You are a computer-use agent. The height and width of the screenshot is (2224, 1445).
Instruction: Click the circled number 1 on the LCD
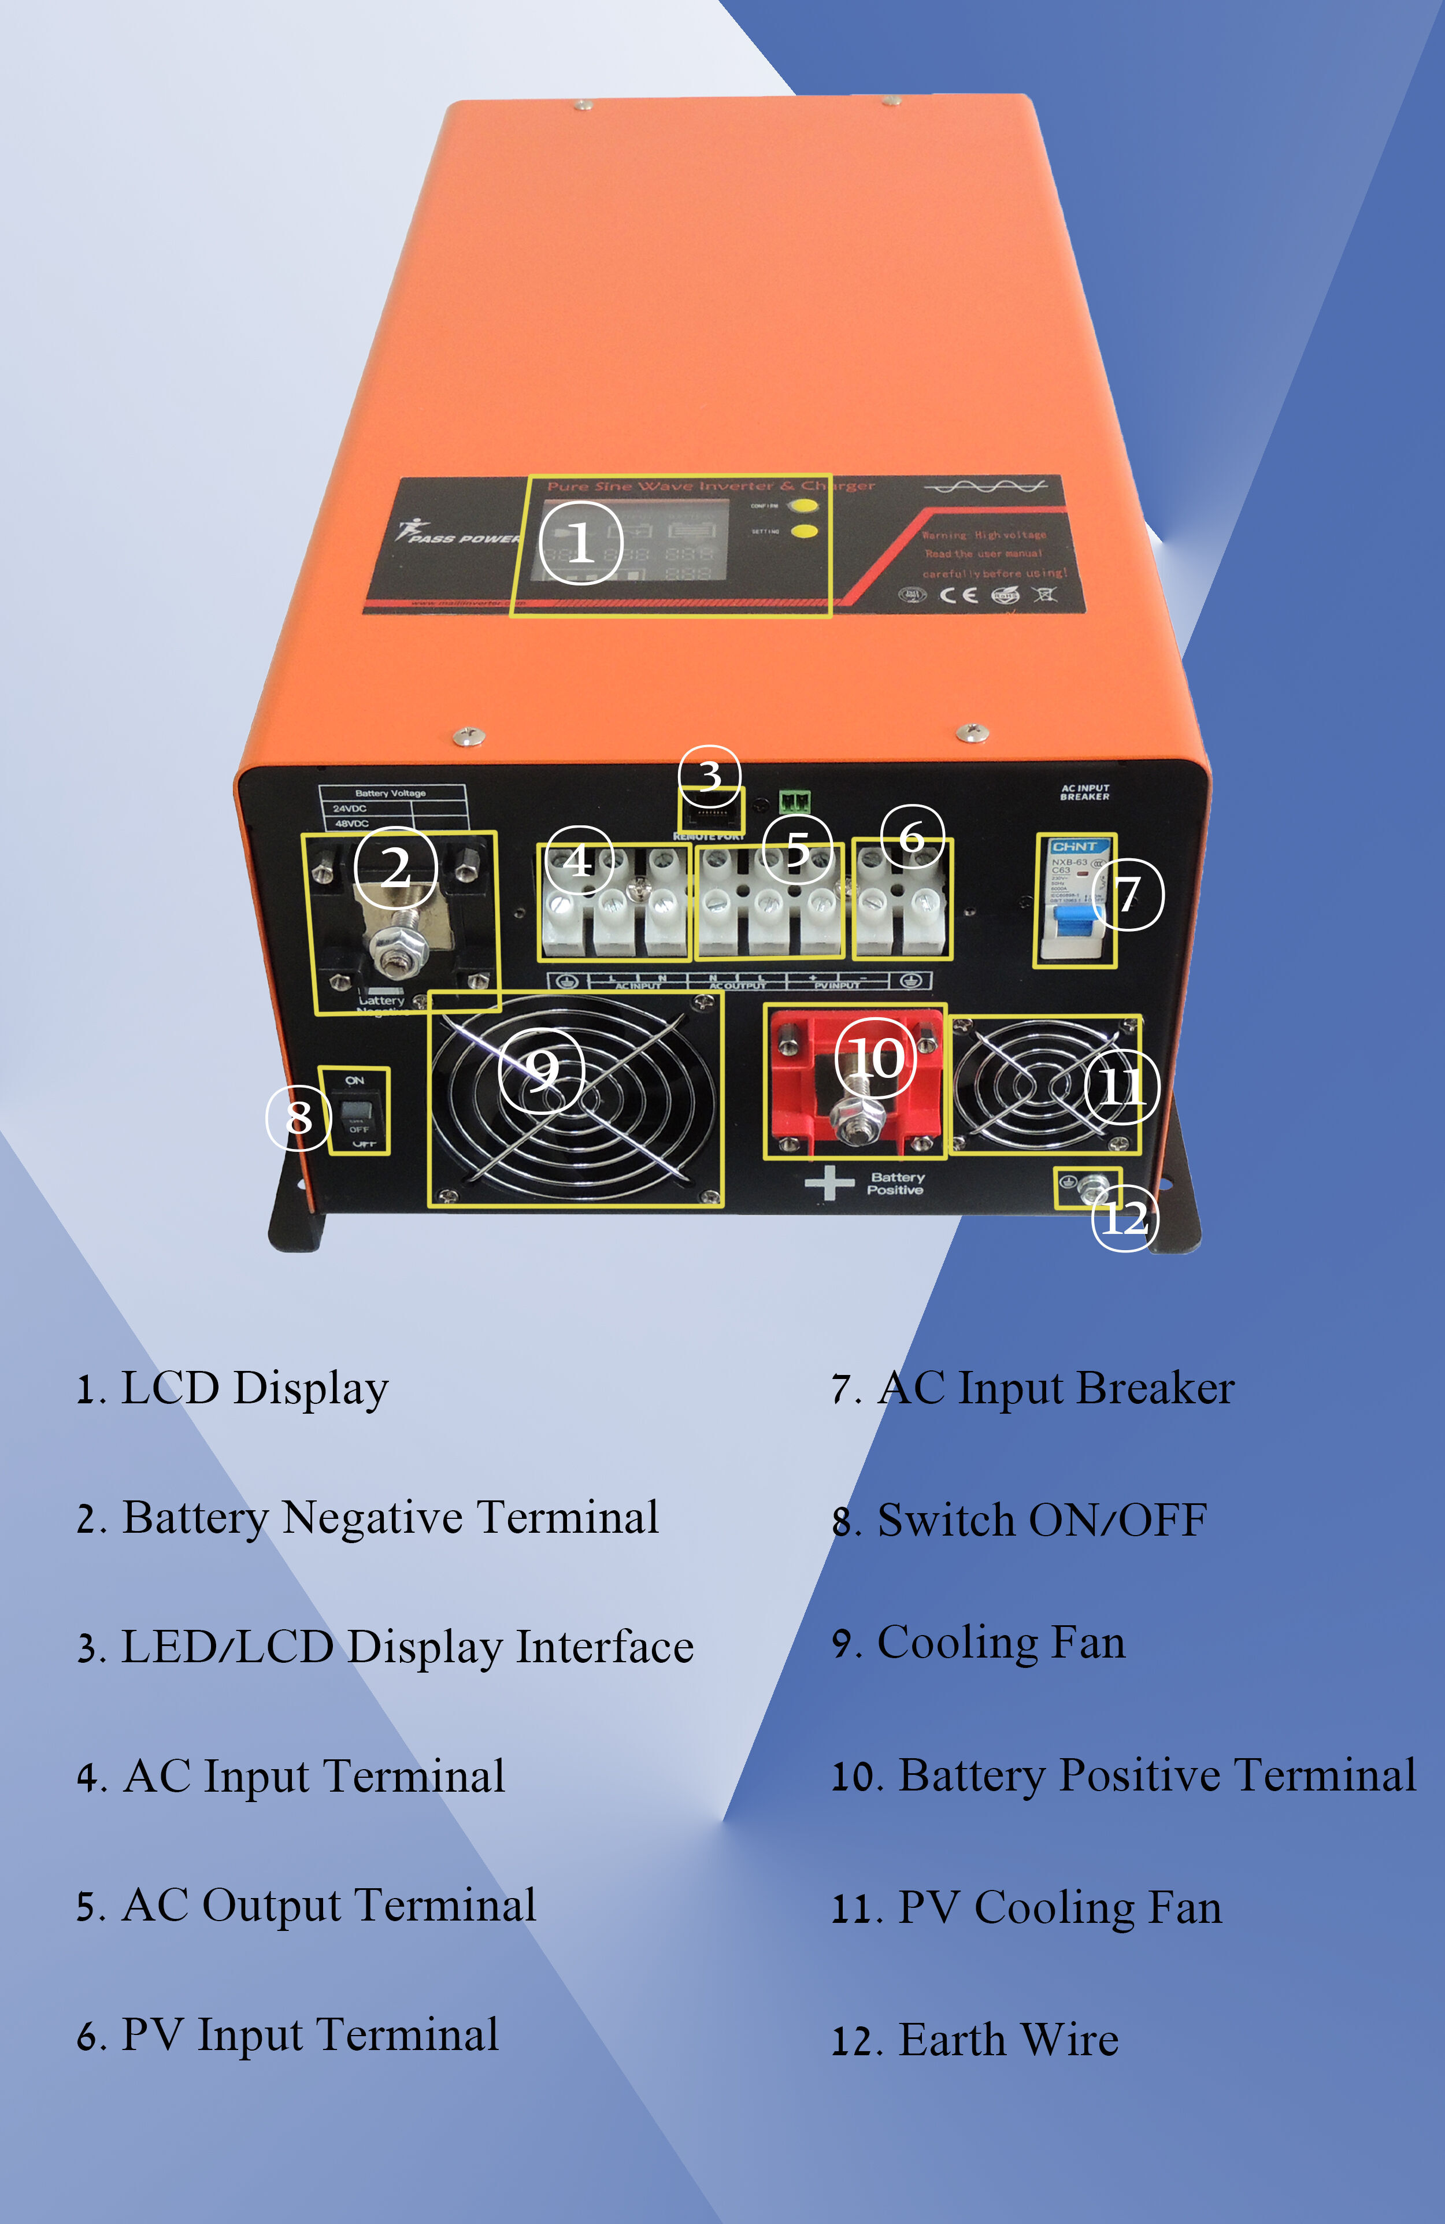(x=580, y=542)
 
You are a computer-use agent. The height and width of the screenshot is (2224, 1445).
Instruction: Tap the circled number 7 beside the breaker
(x=1128, y=894)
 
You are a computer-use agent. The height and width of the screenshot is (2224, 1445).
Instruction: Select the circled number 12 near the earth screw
(x=1124, y=1218)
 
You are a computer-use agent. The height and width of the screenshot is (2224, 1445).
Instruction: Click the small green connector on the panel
(x=795, y=800)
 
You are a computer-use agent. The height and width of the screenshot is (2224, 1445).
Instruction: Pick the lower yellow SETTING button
(x=804, y=532)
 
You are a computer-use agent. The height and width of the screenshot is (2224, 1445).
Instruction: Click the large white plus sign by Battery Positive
(x=829, y=1184)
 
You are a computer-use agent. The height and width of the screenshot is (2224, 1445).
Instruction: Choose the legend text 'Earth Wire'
(x=1007, y=2040)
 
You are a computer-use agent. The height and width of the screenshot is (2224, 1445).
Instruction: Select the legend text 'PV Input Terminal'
(x=309, y=2035)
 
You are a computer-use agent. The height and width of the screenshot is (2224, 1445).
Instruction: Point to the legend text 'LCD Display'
(x=254, y=1389)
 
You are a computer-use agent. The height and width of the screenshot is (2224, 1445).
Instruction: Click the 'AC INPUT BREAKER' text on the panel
(x=1084, y=792)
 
